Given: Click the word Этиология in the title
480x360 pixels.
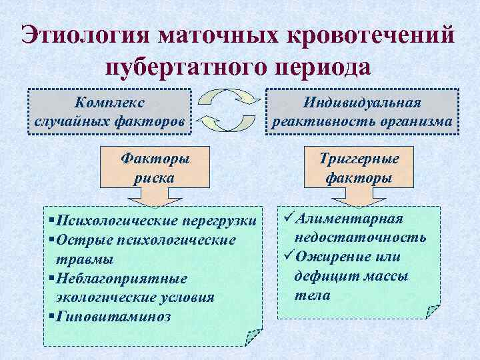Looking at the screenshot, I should coord(85,35).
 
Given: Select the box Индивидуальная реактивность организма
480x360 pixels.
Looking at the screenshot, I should coord(362,111).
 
